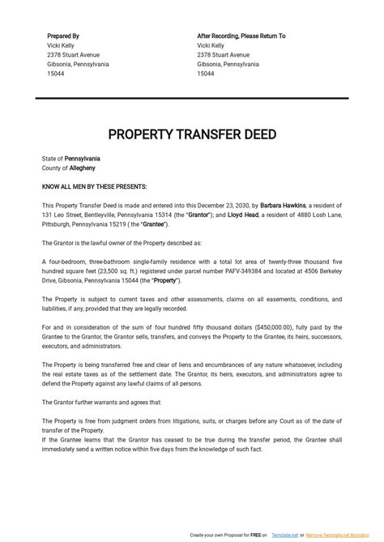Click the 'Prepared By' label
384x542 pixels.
[63, 36]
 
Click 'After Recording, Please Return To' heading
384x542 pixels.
[241, 36]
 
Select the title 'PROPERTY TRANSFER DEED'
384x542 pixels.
[192, 133]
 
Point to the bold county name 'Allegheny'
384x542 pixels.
[81, 168]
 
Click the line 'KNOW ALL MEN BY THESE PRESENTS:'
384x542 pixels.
[94, 186]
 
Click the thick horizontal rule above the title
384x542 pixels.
[192, 98]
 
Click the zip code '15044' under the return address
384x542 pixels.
[206, 74]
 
